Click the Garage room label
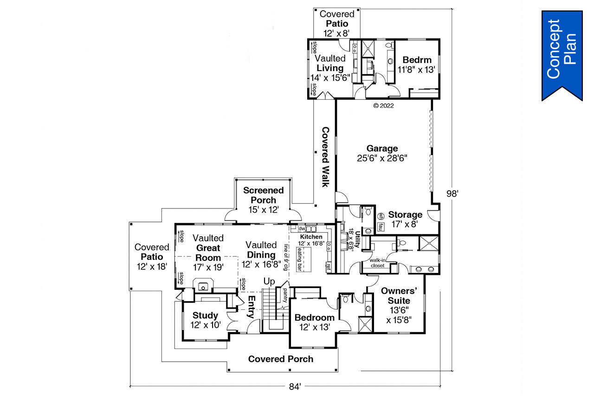382,153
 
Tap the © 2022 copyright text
383,105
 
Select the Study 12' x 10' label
206,320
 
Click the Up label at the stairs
269,281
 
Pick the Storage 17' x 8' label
405,219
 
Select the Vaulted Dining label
261,254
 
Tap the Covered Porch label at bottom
280,359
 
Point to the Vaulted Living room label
330,68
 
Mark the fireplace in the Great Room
203,285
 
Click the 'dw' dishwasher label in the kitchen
301,228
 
